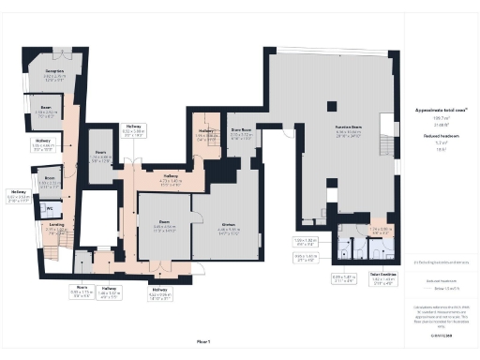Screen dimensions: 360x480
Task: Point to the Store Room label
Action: [242, 130]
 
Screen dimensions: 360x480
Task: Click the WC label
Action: [49, 208]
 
